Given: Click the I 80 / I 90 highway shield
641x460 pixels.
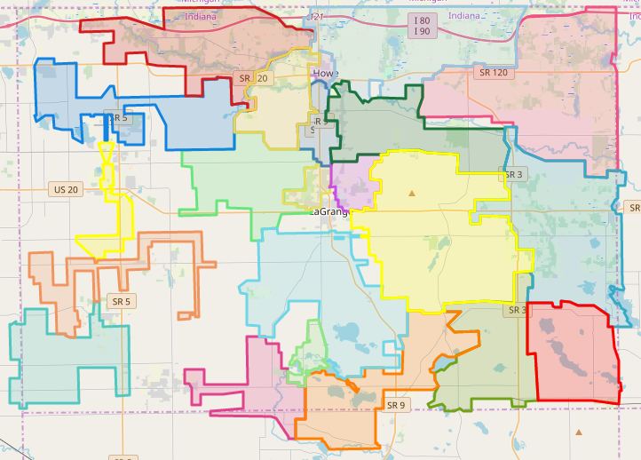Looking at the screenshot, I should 422,26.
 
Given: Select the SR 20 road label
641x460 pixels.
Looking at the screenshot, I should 253,78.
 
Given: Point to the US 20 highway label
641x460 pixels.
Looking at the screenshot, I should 66,189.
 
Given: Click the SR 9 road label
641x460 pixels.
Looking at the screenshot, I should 396,405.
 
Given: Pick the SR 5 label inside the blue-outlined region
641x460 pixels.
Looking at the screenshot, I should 116,117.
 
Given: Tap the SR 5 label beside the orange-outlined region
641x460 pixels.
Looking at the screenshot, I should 121,302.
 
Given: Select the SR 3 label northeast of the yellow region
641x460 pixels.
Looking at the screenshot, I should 514,175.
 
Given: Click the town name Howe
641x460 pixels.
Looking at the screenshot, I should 325,74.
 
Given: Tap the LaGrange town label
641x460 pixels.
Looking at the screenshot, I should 330,212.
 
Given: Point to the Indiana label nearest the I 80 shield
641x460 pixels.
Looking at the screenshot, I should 463,15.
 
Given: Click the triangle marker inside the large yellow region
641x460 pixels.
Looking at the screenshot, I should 411,192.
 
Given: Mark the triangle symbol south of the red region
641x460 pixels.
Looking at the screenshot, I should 579,432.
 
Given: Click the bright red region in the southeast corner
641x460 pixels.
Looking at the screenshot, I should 573,355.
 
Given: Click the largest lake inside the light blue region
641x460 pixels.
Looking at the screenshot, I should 344,333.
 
